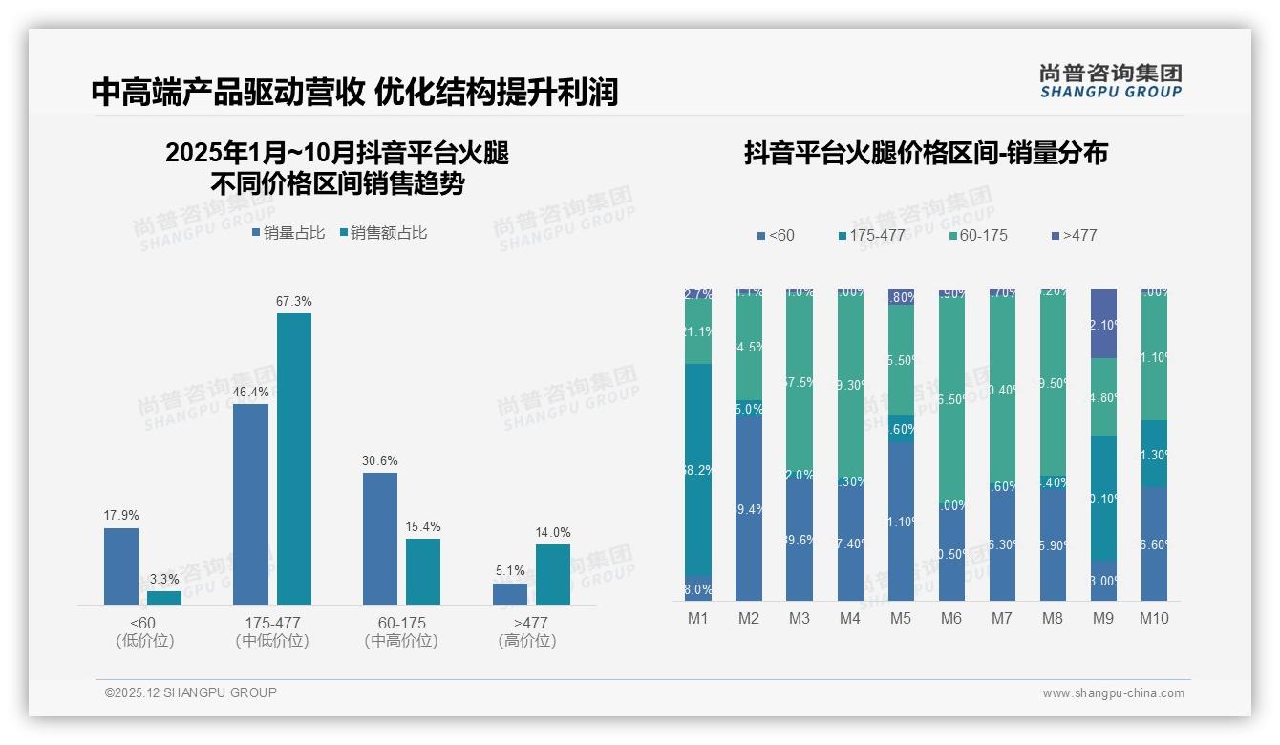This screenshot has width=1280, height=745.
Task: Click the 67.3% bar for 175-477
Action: point(294,458)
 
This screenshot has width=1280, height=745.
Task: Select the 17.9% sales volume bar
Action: point(121,565)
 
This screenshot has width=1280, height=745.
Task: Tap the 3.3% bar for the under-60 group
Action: point(164,598)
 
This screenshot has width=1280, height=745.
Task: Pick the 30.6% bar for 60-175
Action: point(380,538)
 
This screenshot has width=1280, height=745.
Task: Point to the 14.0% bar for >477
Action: point(553,574)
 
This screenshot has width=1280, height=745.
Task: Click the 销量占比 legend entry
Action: point(288,233)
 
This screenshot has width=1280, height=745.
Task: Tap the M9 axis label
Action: point(1102,619)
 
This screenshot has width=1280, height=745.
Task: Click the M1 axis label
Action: point(698,619)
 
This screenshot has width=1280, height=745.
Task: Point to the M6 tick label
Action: point(951,619)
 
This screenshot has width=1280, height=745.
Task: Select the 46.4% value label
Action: point(250,393)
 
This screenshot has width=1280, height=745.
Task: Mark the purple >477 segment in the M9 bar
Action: point(1103,323)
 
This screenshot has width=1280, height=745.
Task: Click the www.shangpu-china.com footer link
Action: point(1113,693)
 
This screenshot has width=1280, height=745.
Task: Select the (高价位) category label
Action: point(527,641)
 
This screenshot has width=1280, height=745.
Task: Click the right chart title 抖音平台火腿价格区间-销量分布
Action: point(926,153)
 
